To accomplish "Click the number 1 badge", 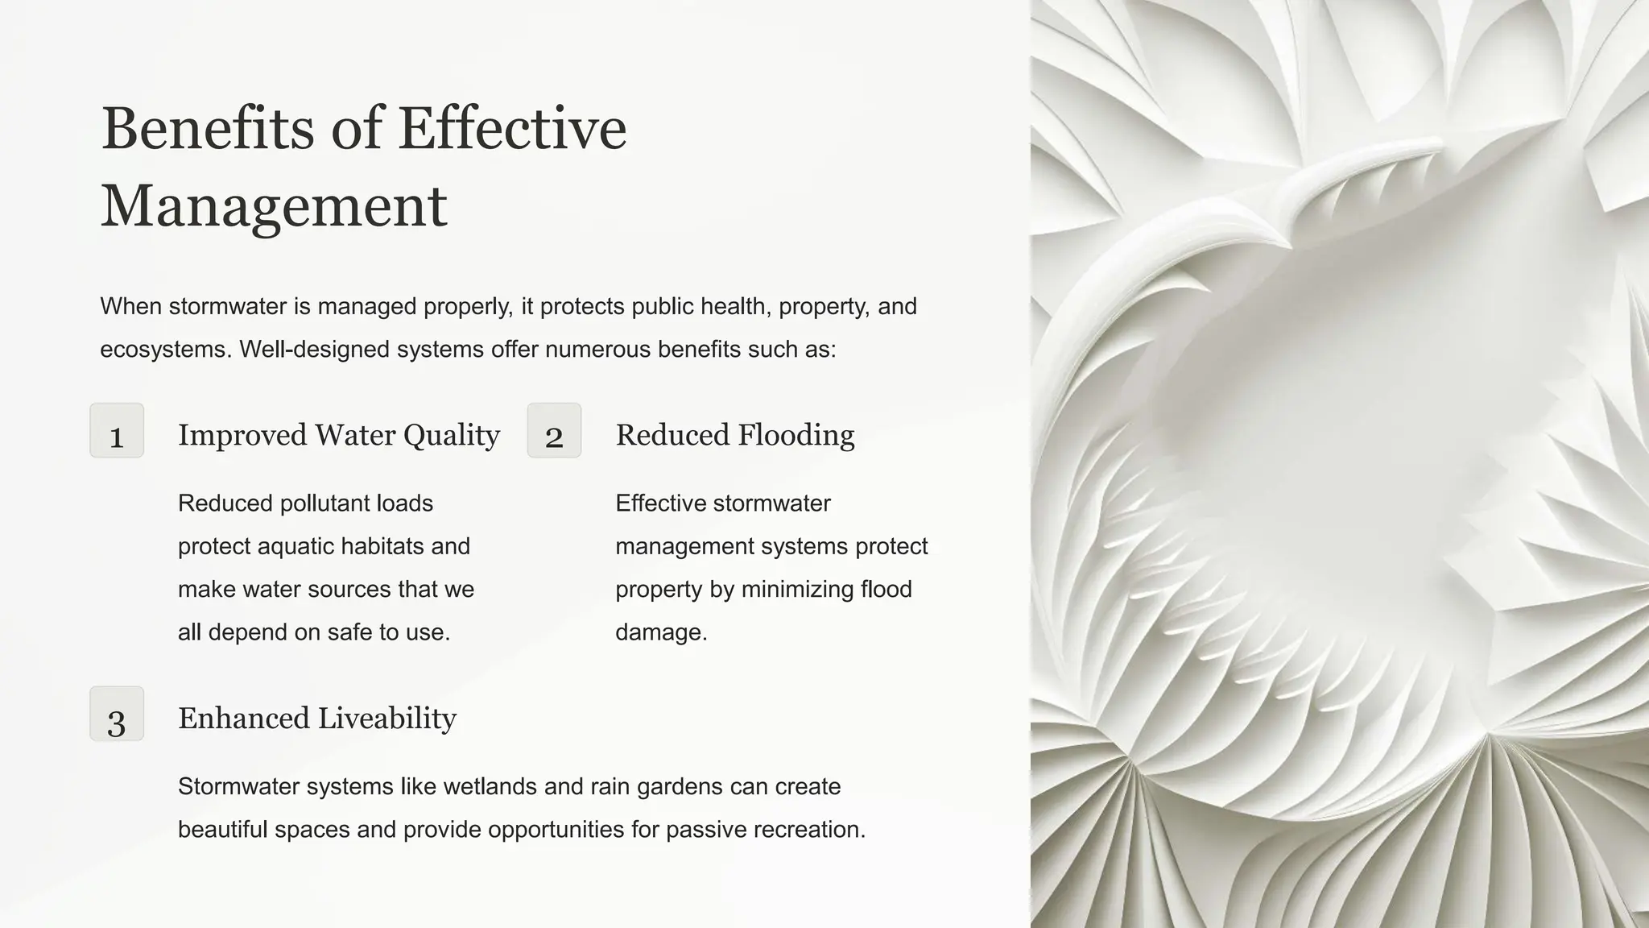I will [117, 431].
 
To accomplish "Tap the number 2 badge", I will [554, 431].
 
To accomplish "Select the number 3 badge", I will [117, 715].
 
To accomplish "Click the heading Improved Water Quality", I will [339, 435].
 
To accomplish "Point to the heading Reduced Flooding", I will [734, 435].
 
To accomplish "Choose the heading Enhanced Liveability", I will [317, 719].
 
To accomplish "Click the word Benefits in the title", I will [208, 129].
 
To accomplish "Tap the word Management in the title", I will [274, 206].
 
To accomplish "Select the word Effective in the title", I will [512, 129].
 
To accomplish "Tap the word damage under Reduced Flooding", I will [660, 632].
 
